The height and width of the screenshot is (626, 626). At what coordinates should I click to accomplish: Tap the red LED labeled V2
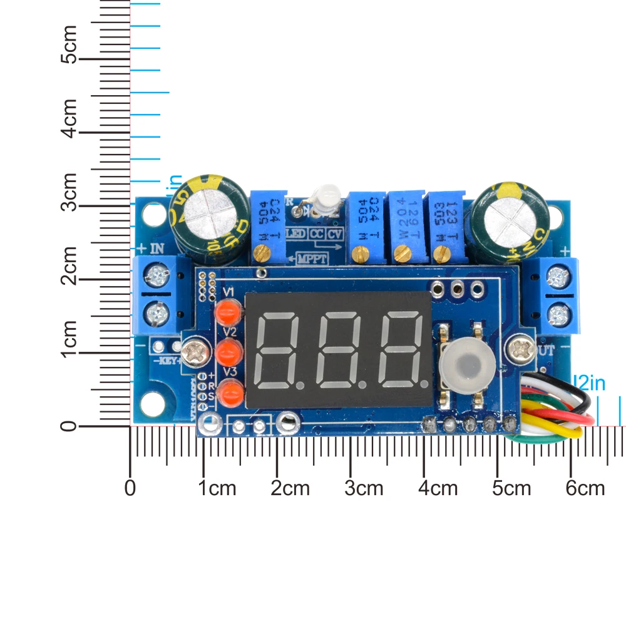coord(228,352)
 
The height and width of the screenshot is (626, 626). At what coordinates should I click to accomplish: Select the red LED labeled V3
coord(232,393)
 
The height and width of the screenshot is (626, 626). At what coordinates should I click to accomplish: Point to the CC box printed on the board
coord(317,233)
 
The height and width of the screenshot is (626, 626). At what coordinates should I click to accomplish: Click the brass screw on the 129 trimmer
coord(401,254)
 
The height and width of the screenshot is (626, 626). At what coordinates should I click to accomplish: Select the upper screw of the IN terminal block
coord(155,273)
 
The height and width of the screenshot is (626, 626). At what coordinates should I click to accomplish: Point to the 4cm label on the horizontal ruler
coord(438,488)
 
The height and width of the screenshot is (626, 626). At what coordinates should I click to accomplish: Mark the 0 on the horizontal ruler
coord(130,488)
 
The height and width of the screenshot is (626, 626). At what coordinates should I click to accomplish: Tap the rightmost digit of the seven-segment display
coord(401,351)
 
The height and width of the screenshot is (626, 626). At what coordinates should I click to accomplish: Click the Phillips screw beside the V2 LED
coord(195,351)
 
